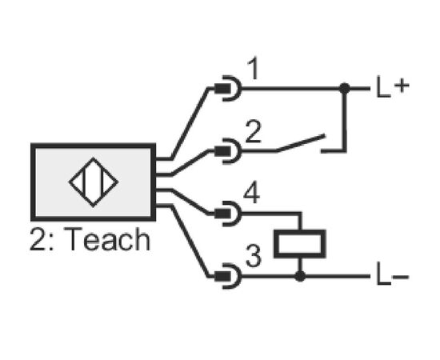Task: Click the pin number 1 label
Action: click(254, 68)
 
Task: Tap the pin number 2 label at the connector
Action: click(253, 131)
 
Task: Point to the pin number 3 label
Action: click(254, 256)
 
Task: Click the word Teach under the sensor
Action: click(109, 239)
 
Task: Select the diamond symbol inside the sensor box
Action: click(94, 182)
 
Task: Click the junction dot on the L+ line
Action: click(345, 88)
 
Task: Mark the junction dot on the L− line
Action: click(300, 276)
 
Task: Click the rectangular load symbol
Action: click(300, 243)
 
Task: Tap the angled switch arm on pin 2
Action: click(301, 143)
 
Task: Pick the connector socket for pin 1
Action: click(228, 88)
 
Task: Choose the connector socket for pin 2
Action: click(228, 151)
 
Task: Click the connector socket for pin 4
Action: click(228, 214)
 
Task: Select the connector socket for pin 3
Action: click(228, 276)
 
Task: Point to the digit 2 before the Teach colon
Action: click(38, 239)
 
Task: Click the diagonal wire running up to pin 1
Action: click(190, 123)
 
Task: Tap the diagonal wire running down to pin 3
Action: click(190, 242)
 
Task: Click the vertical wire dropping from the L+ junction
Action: click(345, 120)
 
